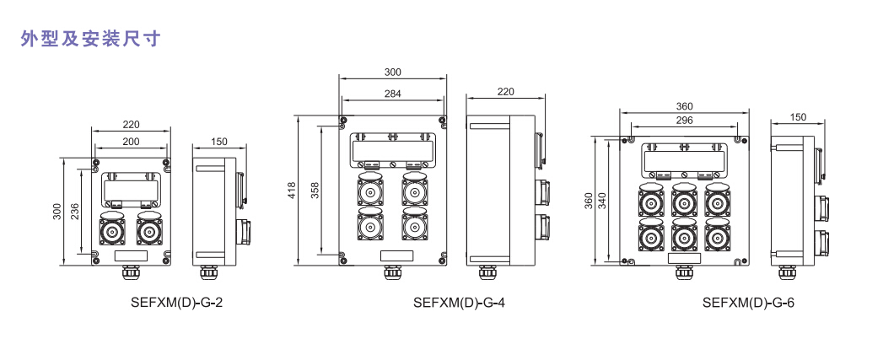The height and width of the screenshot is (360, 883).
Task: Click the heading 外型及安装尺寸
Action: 91,38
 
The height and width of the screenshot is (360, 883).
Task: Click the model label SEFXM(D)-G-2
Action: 177,303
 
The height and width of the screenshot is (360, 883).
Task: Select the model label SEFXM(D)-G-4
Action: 459,303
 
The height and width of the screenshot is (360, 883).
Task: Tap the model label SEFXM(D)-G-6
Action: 748,303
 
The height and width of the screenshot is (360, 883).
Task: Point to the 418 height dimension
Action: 291,191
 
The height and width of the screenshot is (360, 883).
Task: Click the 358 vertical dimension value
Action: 315,191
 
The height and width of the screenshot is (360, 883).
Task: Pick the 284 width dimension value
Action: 392,94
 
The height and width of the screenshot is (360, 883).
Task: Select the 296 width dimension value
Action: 684,120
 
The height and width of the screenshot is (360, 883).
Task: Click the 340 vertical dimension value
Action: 603,200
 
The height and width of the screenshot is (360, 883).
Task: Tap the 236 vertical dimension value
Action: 76,212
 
